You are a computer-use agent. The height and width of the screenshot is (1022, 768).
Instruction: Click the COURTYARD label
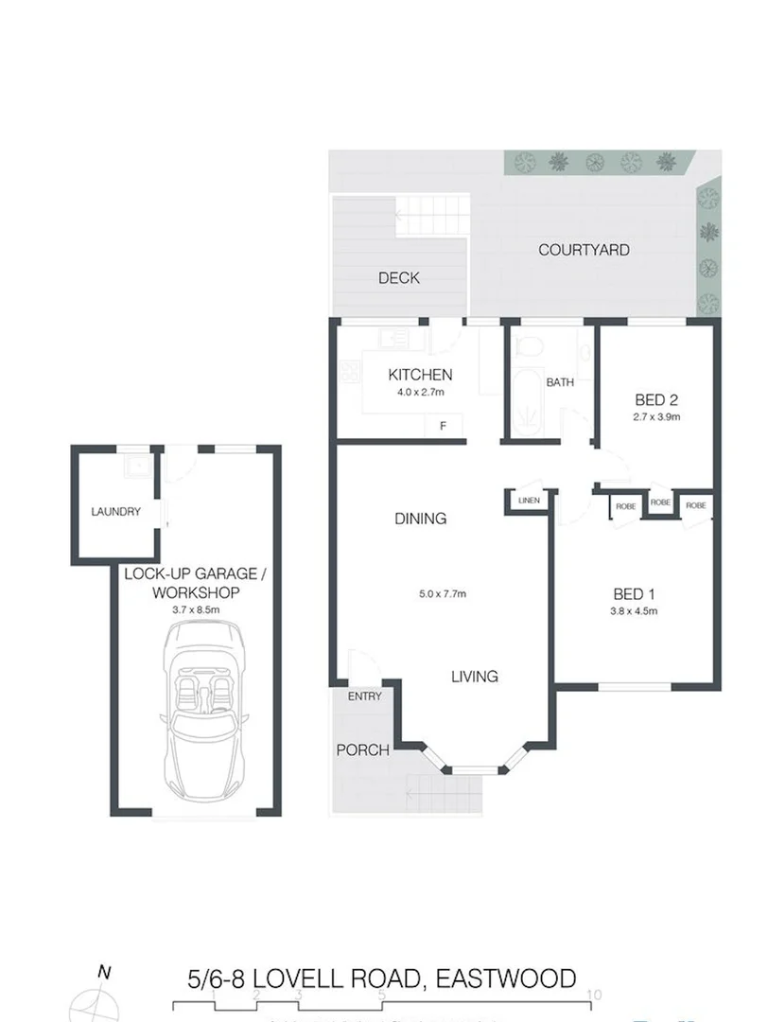(584, 250)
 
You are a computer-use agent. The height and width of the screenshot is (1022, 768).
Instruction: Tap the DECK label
(398, 278)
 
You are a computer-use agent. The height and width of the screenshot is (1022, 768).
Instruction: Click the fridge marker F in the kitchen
(442, 427)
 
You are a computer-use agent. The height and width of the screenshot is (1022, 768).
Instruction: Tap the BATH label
(560, 382)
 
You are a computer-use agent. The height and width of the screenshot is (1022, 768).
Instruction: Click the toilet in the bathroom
(529, 349)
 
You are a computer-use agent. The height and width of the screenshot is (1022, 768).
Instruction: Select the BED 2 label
(655, 399)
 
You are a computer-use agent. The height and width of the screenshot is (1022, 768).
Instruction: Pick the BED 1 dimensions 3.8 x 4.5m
(635, 611)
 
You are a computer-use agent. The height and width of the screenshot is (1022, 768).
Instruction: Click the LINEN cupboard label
(529, 501)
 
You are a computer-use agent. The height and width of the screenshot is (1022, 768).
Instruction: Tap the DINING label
(421, 519)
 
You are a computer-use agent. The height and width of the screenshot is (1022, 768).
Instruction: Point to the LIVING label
(474, 677)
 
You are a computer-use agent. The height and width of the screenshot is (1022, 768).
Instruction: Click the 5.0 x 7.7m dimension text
(441, 594)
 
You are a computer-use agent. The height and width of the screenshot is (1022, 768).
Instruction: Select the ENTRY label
(364, 696)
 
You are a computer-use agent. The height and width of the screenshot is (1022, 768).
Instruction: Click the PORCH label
(363, 750)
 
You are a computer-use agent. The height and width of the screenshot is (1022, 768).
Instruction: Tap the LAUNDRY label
(115, 511)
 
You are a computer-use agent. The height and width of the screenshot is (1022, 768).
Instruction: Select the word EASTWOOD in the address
(499, 978)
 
